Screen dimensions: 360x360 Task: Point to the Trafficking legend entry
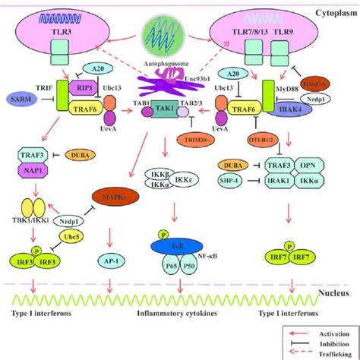click(327, 352)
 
